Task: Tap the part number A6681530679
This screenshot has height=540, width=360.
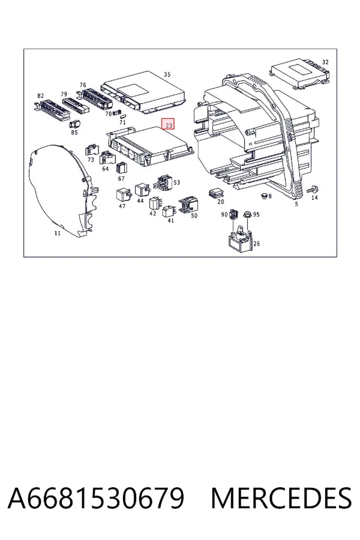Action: [96, 497]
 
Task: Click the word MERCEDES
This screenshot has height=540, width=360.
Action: [281, 497]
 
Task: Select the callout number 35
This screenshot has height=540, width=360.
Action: [167, 74]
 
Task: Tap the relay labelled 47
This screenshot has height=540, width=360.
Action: [123, 195]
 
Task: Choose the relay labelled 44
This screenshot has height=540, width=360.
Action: [142, 190]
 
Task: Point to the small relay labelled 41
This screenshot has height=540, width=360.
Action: [169, 211]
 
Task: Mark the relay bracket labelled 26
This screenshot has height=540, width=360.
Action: [240, 239]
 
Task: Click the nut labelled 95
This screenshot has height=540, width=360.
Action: [247, 214]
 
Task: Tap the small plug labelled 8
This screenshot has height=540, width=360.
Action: [264, 196]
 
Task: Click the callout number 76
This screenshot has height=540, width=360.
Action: [83, 85]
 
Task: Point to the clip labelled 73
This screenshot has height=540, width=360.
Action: [92, 151]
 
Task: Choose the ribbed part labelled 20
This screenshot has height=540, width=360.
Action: [217, 193]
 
